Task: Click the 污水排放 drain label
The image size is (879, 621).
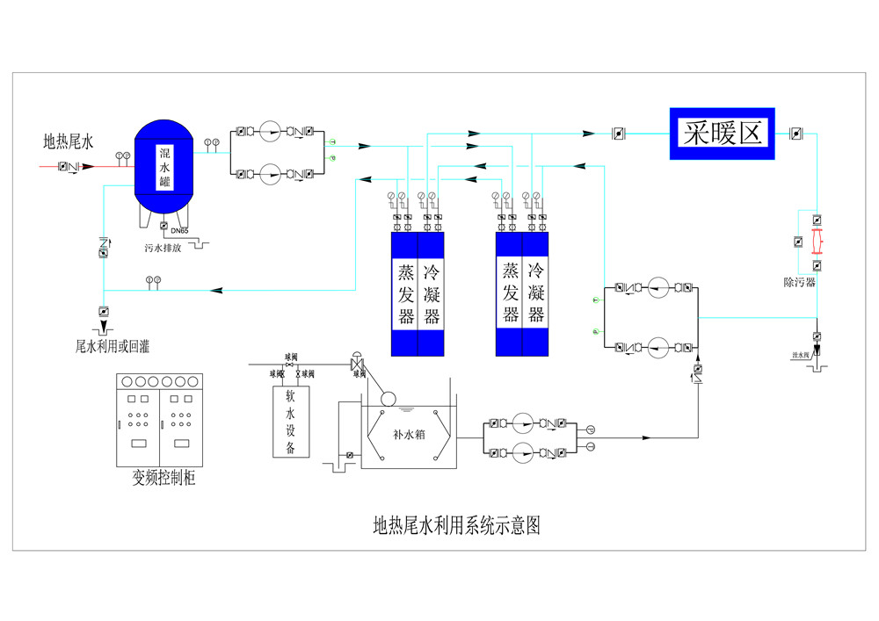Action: click(x=163, y=248)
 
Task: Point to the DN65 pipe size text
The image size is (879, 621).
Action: click(x=179, y=230)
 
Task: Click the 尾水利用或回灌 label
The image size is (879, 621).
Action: click(x=113, y=346)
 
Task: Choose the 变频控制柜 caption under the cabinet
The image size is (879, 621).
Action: click(x=163, y=478)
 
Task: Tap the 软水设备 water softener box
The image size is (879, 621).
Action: click(x=284, y=422)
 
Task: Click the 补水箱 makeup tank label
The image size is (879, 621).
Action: click(x=409, y=433)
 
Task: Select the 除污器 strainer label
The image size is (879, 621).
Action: click(x=799, y=282)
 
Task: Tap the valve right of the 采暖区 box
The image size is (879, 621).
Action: click(x=795, y=134)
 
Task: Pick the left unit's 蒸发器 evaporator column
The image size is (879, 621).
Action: click(x=405, y=292)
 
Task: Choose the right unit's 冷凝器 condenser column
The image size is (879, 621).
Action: click(x=535, y=292)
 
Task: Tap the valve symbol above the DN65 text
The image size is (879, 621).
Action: click(x=164, y=227)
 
